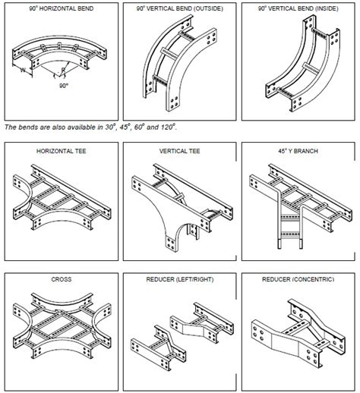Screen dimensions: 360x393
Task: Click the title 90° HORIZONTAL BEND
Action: (62, 8)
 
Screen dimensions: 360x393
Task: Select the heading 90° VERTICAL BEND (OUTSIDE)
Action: (180, 8)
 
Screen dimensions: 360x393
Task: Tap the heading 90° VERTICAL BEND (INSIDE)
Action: (298, 8)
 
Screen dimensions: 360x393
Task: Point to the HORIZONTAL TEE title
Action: (62, 151)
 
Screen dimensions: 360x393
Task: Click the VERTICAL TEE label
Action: (180, 151)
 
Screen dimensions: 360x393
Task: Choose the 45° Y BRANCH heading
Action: (298, 151)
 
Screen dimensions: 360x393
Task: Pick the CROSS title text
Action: (62, 279)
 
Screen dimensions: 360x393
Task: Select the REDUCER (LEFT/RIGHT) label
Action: (180, 279)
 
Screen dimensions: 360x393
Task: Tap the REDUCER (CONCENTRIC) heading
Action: (298, 279)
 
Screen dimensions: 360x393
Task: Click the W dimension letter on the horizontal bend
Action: (23, 70)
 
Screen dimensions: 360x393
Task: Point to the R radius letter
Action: (63, 70)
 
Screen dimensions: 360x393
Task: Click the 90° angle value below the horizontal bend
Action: (64, 86)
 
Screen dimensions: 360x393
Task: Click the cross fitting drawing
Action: (62, 326)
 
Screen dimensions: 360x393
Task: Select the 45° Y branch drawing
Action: (301, 206)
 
